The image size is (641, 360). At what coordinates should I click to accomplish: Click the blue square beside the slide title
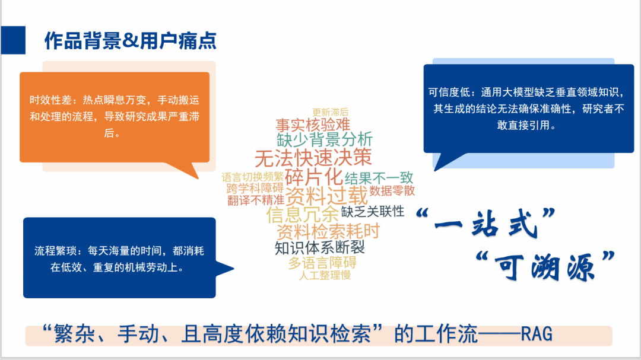pos(13,40)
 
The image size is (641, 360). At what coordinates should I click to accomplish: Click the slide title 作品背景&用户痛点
pos(131,41)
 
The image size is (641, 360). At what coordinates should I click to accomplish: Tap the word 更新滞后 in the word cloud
pos(331,112)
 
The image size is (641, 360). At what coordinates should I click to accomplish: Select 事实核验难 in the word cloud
pos(313,125)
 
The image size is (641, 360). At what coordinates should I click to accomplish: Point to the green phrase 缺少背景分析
pos(325,140)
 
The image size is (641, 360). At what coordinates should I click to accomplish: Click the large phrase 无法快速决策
pos(313,158)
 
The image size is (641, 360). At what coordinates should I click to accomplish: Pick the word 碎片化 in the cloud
pos(313,177)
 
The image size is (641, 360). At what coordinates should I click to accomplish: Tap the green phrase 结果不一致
pos(379,178)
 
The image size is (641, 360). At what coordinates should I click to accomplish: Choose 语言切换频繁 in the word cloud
pos(253,177)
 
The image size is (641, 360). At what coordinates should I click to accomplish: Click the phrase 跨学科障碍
pos(255,189)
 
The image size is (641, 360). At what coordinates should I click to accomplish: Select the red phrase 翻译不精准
pos(255,200)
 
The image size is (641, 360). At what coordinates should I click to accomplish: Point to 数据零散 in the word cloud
pos(392,190)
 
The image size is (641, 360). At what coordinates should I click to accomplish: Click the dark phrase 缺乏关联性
pos(373,211)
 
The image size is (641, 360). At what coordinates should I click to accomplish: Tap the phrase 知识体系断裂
pos(320,248)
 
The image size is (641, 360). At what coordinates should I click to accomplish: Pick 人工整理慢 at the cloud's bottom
pos(325,275)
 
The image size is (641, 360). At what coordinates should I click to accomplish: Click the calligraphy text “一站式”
pos(485,223)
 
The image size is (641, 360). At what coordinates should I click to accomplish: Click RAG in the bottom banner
pos(537,334)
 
